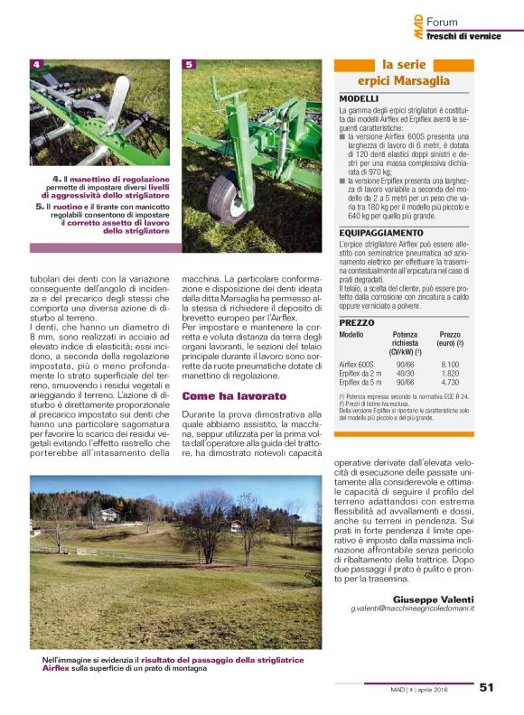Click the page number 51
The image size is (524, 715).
point(486,687)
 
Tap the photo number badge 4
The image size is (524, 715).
point(37,65)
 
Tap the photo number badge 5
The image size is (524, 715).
point(189,65)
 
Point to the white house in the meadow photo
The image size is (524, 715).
point(108,515)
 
